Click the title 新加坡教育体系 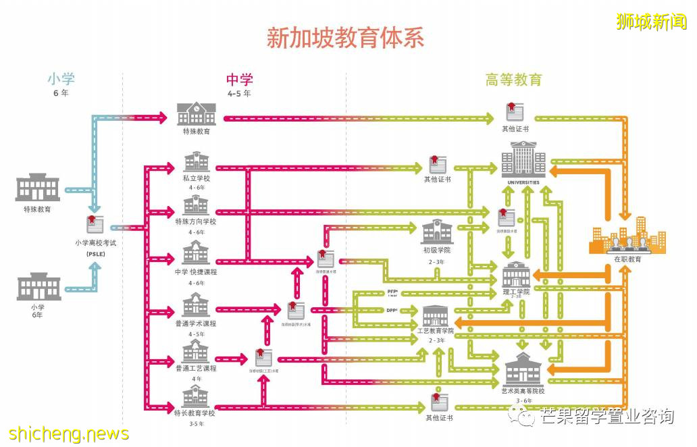(x=345, y=37)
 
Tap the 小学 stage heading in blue (x=60, y=79)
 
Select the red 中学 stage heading (x=238, y=80)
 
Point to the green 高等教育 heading (x=513, y=80)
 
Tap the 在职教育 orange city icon (x=628, y=238)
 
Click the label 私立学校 (x=196, y=178)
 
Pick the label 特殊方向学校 (x=196, y=221)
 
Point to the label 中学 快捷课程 (x=196, y=272)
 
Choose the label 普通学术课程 (x=196, y=323)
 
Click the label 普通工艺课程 (x=196, y=368)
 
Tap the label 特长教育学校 (x=195, y=413)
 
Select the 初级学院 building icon (x=437, y=231)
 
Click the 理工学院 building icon (x=517, y=274)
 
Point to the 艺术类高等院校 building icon (x=523, y=369)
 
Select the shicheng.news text (x=69, y=432)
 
